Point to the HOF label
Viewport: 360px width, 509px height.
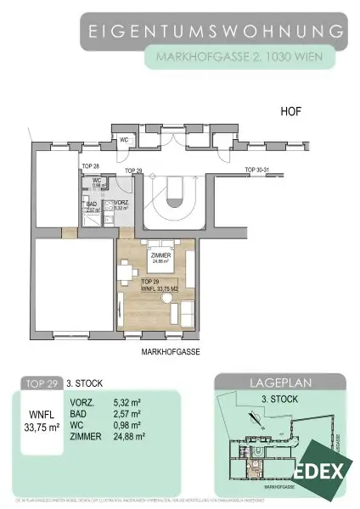tap(291, 112)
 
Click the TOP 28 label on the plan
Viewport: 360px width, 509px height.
tap(91, 165)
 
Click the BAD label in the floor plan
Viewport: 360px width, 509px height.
tap(91, 204)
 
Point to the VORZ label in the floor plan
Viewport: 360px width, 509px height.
tap(121, 204)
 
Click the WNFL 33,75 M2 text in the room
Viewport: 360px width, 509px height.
tap(159, 287)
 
